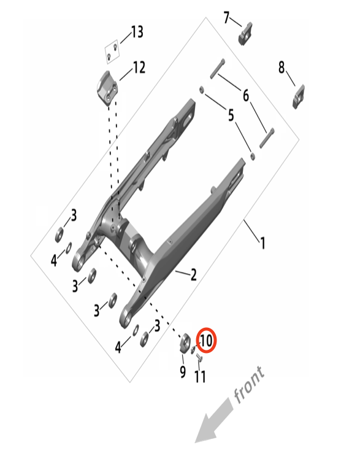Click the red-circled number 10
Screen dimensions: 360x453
click(206, 341)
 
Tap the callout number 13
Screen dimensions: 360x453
click(137, 32)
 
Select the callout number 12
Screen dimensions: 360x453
click(139, 68)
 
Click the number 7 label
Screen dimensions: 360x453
click(227, 18)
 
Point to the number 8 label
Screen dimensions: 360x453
click(281, 67)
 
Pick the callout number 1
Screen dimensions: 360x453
click(262, 243)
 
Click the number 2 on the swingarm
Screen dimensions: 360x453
click(193, 274)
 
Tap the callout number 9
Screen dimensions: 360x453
click(183, 372)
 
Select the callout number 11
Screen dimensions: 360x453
click(200, 376)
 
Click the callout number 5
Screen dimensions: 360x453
click(231, 115)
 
